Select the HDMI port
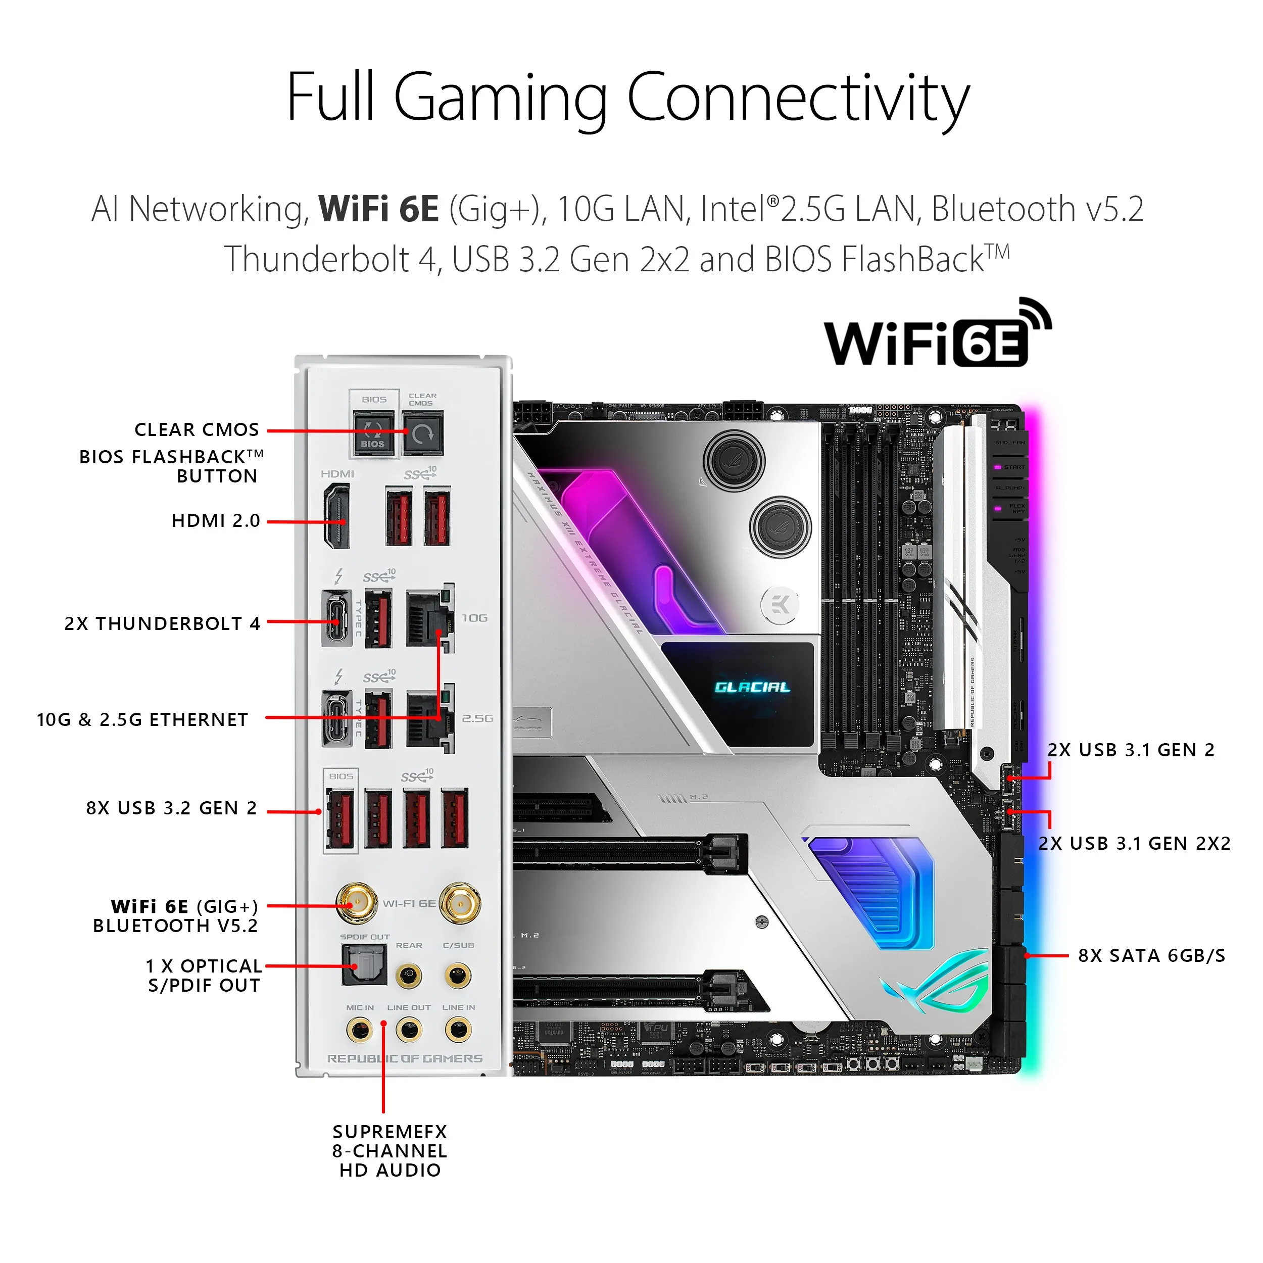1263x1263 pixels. [336, 516]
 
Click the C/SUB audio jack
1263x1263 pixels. [458, 977]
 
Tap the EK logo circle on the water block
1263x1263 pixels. [780, 605]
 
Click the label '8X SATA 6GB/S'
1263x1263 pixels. [1151, 956]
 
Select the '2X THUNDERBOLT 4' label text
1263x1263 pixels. [162, 623]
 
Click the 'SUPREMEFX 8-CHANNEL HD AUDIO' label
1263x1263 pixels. [390, 1151]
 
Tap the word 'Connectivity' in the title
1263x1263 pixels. [798, 98]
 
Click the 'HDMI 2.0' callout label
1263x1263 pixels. [216, 521]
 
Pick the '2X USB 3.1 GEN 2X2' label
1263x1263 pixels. [1134, 843]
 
